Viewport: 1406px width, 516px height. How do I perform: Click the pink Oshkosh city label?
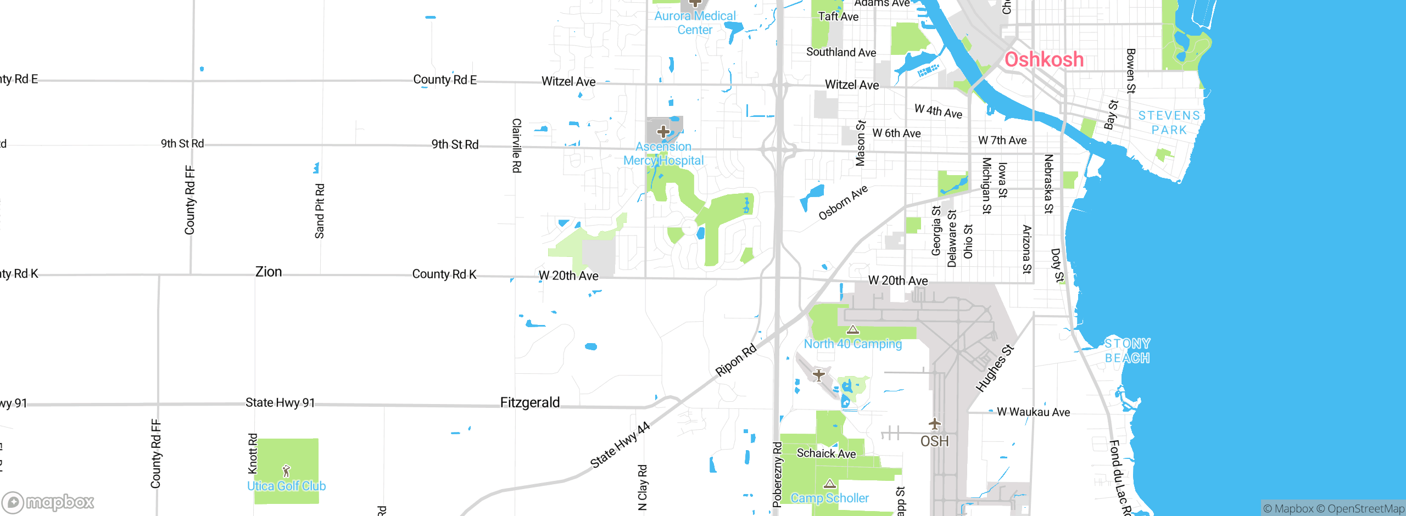(1044, 59)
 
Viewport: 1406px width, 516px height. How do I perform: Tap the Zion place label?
(269, 272)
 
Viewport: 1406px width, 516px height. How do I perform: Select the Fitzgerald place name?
(529, 402)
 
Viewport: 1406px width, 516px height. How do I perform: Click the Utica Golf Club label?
(286, 486)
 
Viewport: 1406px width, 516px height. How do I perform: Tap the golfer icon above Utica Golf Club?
(286, 470)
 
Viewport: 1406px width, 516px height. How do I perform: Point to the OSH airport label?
(934, 441)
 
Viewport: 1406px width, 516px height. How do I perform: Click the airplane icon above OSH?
(934, 424)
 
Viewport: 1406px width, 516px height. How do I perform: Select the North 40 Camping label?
(852, 344)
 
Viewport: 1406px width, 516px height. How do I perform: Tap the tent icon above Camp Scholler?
(830, 484)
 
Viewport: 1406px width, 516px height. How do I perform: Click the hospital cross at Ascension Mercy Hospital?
(663, 132)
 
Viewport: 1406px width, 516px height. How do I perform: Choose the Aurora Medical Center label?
(695, 23)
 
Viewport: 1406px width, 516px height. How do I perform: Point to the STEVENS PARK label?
(1169, 122)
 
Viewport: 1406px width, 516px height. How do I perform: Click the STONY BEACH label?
(1127, 351)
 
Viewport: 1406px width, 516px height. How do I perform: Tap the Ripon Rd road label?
(736, 360)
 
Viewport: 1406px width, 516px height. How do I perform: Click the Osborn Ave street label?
(843, 202)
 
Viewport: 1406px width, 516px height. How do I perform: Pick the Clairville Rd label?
(516, 145)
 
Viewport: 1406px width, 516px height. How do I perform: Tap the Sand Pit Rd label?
(320, 211)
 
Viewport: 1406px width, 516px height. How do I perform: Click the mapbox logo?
(48, 502)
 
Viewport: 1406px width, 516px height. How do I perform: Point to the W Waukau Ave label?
(1033, 412)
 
